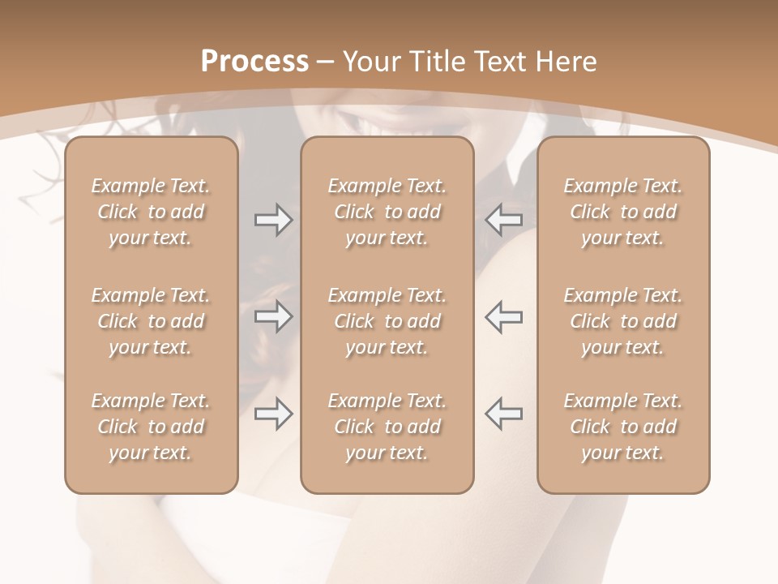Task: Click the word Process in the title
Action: [x=254, y=61]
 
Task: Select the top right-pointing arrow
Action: [x=273, y=220]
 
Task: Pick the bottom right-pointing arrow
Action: [x=273, y=414]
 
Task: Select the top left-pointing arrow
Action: [x=504, y=219]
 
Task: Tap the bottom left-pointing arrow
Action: [x=504, y=413]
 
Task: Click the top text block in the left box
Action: [x=151, y=212]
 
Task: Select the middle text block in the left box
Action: [x=151, y=321]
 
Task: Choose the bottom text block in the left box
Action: [x=151, y=427]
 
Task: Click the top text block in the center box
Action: [x=387, y=212]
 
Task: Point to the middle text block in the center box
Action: [x=387, y=321]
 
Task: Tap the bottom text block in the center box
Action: [x=387, y=427]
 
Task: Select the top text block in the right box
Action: [x=622, y=212]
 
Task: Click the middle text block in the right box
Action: [x=622, y=321]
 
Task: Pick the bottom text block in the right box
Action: [x=622, y=427]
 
